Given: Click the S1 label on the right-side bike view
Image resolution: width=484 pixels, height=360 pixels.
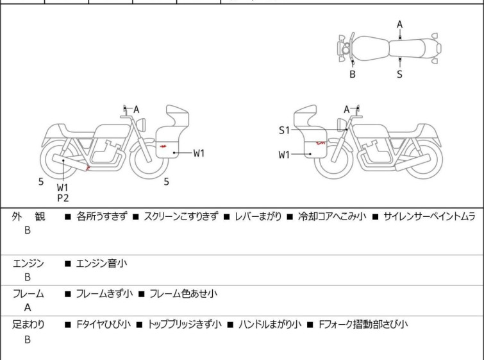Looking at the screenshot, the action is tap(284, 130).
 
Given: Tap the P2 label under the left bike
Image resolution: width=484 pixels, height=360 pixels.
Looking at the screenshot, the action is tap(63, 198).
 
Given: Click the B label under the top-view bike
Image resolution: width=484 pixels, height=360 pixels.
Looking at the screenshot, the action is tap(353, 74).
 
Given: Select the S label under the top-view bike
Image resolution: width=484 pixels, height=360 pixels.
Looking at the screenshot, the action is tap(400, 74).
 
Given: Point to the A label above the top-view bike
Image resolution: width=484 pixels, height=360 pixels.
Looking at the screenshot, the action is tap(400, 24).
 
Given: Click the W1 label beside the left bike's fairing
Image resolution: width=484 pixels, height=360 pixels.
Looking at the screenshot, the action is tap(199, 153).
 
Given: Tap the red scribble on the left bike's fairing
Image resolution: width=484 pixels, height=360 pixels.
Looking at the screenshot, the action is tap(163, 146).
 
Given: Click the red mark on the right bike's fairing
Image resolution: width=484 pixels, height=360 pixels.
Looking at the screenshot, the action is tap(321, 142).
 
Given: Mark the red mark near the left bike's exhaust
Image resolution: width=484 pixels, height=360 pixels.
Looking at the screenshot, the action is tap(88, 168).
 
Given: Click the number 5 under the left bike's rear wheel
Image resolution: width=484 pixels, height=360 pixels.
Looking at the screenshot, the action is tap(41, 182).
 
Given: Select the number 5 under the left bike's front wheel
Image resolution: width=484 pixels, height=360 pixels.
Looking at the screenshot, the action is tap(167, 182).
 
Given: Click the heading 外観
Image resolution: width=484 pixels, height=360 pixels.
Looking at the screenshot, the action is tap(28, 217).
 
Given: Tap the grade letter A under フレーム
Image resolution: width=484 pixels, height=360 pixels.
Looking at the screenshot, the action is tap(28, 307).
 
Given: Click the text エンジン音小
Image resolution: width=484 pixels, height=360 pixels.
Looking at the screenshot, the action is tap(101, 264).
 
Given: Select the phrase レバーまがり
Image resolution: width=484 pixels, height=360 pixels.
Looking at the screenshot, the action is tap(258, 217).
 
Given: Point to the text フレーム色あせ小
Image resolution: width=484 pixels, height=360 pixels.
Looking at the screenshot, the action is tap(183, 293).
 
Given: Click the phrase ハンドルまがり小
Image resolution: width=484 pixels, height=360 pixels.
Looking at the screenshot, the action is tap(270, 325).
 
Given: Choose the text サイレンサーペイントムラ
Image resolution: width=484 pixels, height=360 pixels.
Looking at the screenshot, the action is tap(430, 217).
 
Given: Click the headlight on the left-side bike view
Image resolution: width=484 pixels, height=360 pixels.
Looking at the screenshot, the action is tap(141, 124).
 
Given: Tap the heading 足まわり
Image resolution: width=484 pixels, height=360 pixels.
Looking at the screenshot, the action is tap(28, 325).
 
